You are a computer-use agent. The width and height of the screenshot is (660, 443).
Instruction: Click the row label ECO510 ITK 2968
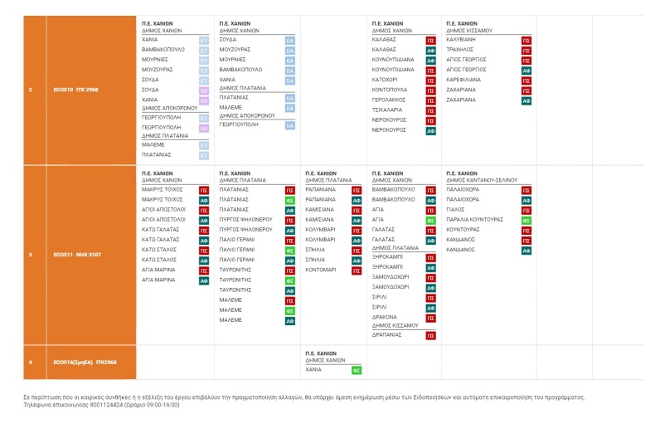(x=75, y=90)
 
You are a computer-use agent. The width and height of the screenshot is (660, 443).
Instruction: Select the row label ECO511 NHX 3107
(x=77, y=255)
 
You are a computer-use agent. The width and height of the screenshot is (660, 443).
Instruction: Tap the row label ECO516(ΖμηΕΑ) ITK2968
(x=85, y=363)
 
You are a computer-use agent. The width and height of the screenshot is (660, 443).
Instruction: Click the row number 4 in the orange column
(x=30, y=363)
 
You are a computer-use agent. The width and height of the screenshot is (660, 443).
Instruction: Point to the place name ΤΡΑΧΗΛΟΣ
(x=460, y=49)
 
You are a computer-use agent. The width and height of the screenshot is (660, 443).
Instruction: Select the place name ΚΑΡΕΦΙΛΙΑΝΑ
(x=464, y=80)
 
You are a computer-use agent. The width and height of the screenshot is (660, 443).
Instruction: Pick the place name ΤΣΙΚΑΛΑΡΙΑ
(x=387, y=110)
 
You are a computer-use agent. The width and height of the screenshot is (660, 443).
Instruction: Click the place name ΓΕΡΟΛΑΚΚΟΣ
(x=389, y=100)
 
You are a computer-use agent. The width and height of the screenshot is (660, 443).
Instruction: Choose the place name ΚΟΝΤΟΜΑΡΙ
(x=321, y=270)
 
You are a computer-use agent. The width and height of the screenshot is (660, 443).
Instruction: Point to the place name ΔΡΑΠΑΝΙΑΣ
(x=387, y=335)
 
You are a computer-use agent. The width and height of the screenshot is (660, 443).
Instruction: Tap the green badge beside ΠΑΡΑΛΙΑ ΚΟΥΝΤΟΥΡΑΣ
(x=526, y=220)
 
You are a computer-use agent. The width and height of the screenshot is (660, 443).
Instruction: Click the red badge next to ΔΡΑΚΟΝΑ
(x=430, y=318)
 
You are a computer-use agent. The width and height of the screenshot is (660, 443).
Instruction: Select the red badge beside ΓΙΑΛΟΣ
(x=526, y=210)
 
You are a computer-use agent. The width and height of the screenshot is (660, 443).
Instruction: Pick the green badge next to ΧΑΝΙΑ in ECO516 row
(x=356, y=370)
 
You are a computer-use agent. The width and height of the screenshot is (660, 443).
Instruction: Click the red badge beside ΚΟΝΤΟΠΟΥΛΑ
(x=430, y=90)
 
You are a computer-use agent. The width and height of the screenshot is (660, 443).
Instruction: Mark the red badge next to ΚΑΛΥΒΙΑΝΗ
(x=526, y=39)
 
